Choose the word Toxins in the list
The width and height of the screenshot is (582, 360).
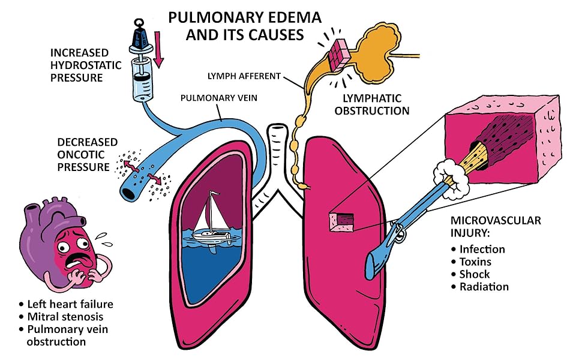click(x=475, y=262)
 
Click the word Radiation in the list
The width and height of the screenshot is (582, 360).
click(x=484, y=287)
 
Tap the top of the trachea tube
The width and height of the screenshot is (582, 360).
click(x=277, y=127)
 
